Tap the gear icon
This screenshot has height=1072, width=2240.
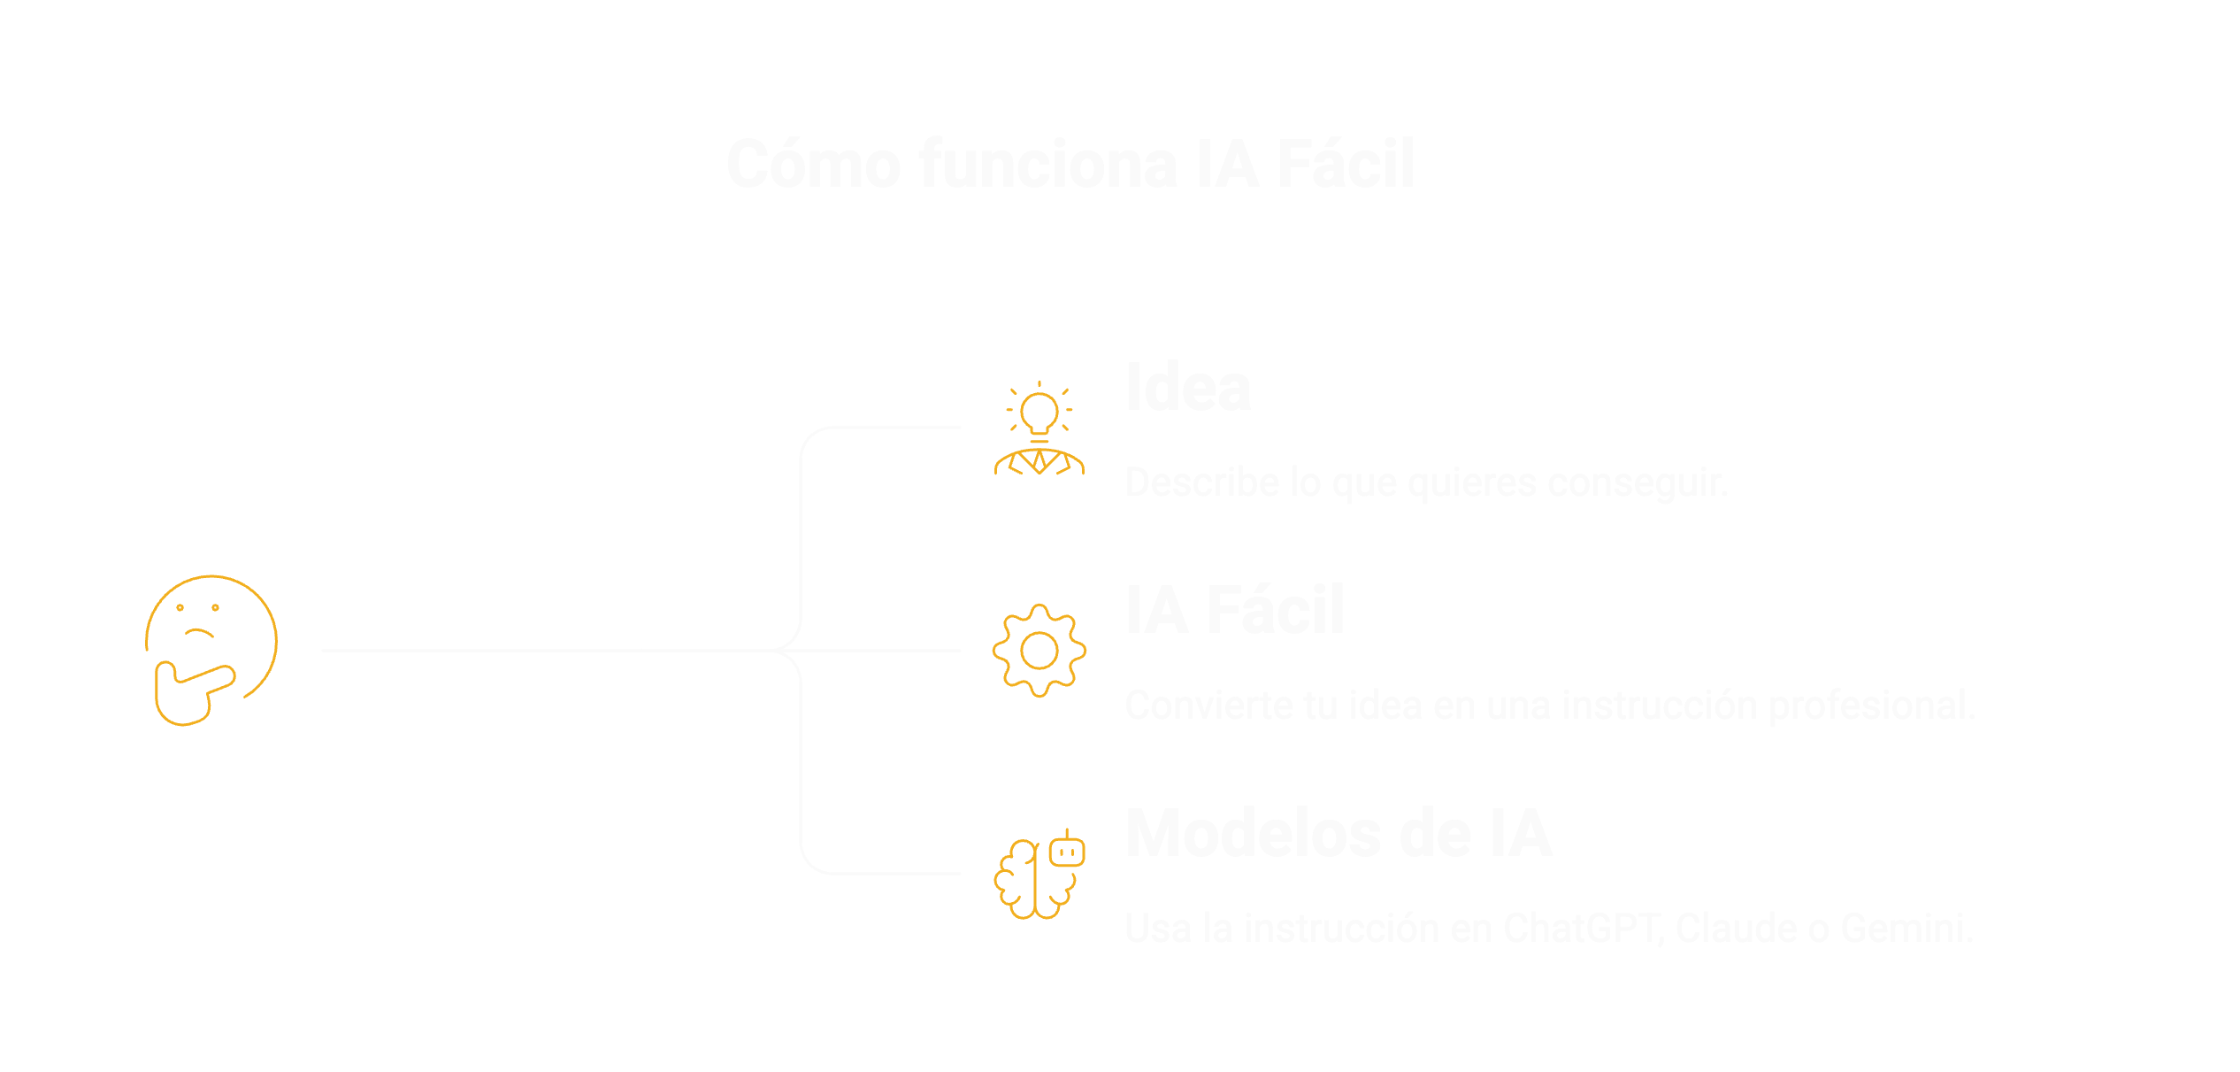point(1039,651)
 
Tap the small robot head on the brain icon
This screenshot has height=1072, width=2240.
point(1067,851)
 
